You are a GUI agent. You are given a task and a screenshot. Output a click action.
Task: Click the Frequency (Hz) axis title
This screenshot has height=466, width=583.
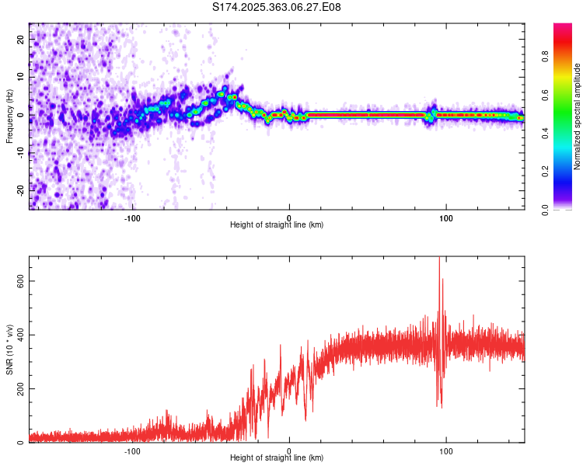[9, 116]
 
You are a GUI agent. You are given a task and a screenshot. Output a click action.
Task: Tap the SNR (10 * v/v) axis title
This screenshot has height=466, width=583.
[9, 349]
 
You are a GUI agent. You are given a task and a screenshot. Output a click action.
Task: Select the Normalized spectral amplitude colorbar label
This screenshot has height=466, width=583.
[577, 116]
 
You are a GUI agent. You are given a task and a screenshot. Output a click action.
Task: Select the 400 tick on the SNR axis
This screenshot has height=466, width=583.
[18, 336]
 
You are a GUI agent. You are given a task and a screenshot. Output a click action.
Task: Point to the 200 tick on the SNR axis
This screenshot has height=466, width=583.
[18, 389]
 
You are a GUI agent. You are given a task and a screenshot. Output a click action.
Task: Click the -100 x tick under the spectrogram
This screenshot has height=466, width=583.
[132, 217]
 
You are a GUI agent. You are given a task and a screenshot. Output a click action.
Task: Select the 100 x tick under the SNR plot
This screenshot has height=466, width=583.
[446, 450]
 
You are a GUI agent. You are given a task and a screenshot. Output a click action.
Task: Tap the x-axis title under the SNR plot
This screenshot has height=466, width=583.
[277, 458]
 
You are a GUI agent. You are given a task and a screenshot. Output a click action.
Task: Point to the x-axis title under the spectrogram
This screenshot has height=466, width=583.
[277, 225]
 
